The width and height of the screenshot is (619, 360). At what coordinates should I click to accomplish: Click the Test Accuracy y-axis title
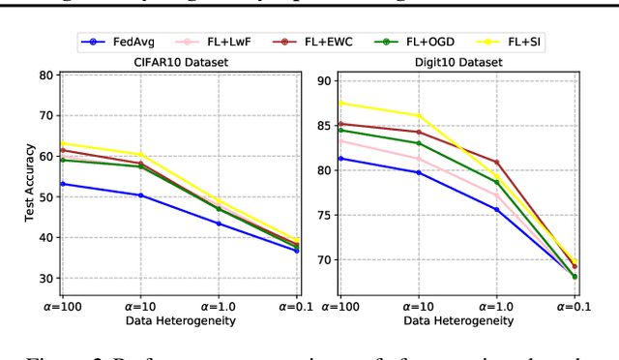click(31, 183)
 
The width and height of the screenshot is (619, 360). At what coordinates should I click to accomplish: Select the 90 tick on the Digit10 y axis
click(325, 81)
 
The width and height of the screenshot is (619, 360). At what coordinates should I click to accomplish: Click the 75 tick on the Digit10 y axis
click(325, 215)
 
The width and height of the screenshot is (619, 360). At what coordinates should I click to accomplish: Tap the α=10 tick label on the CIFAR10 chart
click(139, 305)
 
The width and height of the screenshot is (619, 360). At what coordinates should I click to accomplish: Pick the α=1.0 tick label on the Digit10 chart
click(497, 305)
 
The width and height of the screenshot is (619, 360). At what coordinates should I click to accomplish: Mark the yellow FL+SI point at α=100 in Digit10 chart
click(340, 104)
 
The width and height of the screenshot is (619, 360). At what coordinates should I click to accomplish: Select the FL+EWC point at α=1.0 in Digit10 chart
click(496, 163)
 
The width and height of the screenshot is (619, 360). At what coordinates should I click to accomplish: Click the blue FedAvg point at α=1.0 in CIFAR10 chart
click(218, 224)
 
